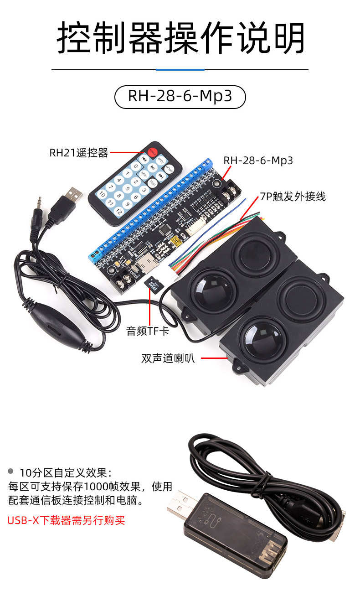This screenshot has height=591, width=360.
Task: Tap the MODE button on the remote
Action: [169, 169]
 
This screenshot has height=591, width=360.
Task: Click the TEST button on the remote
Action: [153, 183]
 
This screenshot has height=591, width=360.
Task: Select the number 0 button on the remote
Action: [135, 166]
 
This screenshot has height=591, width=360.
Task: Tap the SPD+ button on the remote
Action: [161, 160]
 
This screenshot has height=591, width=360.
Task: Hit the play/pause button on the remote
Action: [152, 167]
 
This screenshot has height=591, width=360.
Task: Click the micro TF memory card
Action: [154, 285]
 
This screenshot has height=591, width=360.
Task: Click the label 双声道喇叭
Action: [168, 358]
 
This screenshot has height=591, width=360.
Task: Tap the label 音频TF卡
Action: [148, 331]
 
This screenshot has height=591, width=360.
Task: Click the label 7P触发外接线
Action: [293, 197]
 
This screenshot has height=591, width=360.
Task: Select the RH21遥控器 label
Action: [79, 153]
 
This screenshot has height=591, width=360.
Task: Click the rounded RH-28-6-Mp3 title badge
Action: [180, 97]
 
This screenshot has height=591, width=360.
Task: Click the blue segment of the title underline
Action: [180, 70]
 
